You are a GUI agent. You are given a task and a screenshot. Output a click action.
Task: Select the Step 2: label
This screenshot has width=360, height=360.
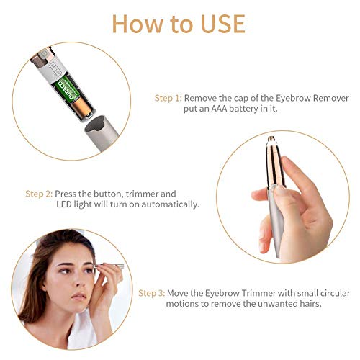coord(39,194)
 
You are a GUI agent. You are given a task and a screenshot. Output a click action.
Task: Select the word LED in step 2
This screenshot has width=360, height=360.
coord(65,205)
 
